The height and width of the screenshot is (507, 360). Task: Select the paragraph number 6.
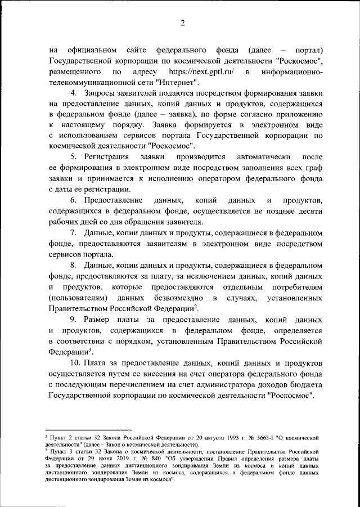[x=73, y=201]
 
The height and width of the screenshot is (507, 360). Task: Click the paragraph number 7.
[x=73, y=232]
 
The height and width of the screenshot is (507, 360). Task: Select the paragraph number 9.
[x=73, y=319]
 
